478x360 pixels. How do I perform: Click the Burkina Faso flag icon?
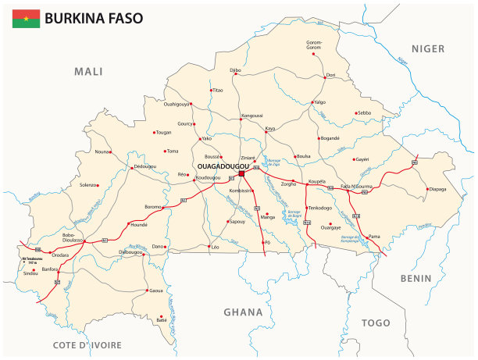26,18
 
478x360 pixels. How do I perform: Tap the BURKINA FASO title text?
94,18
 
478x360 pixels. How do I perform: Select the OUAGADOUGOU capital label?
223,167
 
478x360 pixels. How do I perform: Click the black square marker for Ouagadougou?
241,173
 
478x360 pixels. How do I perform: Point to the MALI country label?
88,72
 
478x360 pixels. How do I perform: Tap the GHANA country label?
242,312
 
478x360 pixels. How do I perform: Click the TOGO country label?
376,322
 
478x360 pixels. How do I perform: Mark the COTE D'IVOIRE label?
87,344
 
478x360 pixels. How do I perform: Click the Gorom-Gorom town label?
314,45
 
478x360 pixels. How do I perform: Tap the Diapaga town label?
438,188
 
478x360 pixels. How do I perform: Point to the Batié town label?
162,320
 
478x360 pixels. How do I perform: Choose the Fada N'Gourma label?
356,186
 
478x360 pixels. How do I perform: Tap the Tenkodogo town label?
320,208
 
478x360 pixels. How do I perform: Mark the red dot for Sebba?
355,113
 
